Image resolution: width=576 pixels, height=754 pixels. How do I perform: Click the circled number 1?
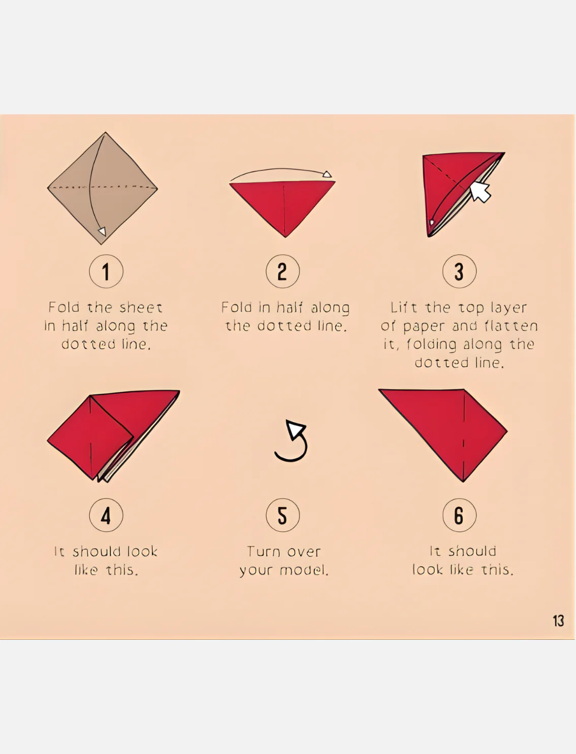pos(106,271)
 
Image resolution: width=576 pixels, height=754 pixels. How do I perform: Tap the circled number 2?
pos(283,271)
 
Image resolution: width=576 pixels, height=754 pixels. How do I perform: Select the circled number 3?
pos(459,271)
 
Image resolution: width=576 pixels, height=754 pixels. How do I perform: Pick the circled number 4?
pos(106,515)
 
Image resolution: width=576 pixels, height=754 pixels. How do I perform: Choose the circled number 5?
pos(283,515)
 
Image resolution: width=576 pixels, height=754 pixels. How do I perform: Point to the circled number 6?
pos(459,515)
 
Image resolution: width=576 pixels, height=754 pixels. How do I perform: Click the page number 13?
pos(558,621)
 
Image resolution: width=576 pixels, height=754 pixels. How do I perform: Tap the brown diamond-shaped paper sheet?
pos(103,188)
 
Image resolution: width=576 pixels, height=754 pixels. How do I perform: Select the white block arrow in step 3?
pos(480,191)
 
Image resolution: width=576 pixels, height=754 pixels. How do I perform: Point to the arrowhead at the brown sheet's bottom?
pos(102,231)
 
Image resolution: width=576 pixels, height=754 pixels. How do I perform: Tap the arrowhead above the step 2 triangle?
pos(327,174)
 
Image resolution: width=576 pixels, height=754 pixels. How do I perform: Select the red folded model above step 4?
pos(113,436)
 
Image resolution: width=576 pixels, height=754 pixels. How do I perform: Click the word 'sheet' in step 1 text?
pos(141,308)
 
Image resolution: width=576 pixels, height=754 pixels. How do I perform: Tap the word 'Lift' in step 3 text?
pos(404,308)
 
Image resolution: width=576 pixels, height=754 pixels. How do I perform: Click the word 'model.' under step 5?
pos(304,570)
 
